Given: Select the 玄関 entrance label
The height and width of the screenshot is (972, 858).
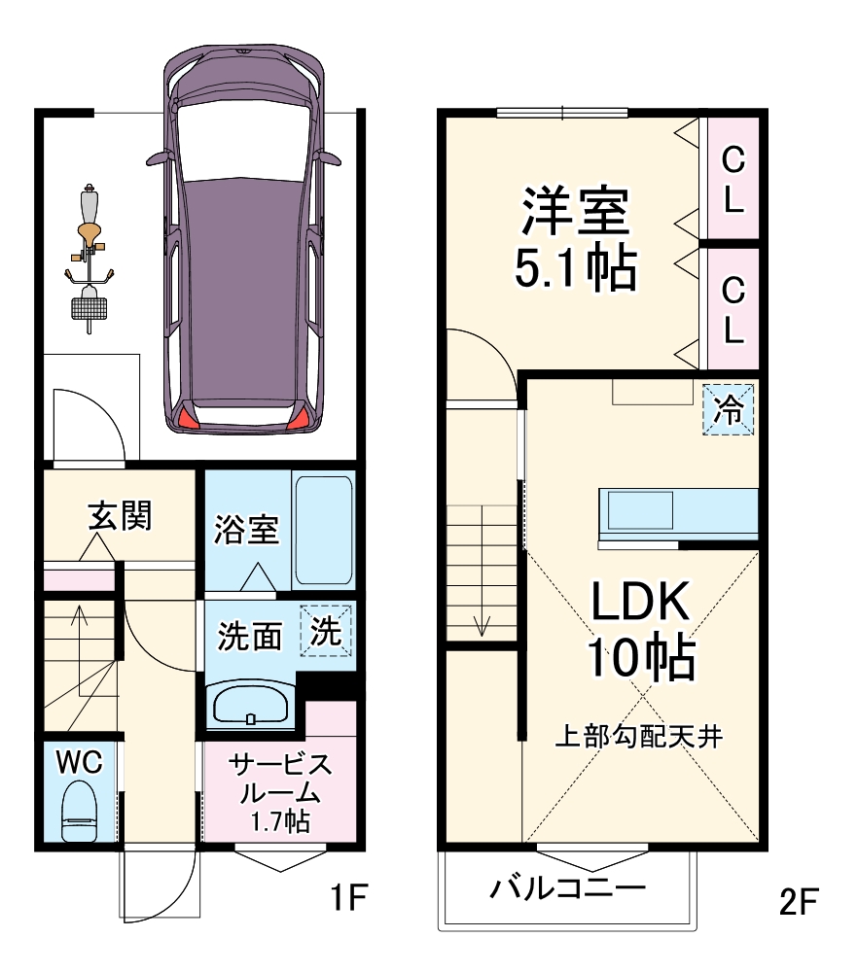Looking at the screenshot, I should tap(120, 515).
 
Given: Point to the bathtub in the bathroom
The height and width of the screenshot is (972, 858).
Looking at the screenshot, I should tap(322, 531).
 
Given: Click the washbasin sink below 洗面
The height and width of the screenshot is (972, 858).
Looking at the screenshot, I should tap(250, 705).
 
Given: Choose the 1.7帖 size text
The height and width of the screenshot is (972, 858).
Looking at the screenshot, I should tap(279, 821).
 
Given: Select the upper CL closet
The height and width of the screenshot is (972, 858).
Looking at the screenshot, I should tap(733, 179).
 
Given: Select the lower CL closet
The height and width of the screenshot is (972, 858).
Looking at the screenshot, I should tap(733, 309).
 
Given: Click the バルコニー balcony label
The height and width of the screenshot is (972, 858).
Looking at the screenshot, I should tap(567, 888).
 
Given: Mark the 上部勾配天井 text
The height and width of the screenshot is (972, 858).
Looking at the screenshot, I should tap(638, 736).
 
